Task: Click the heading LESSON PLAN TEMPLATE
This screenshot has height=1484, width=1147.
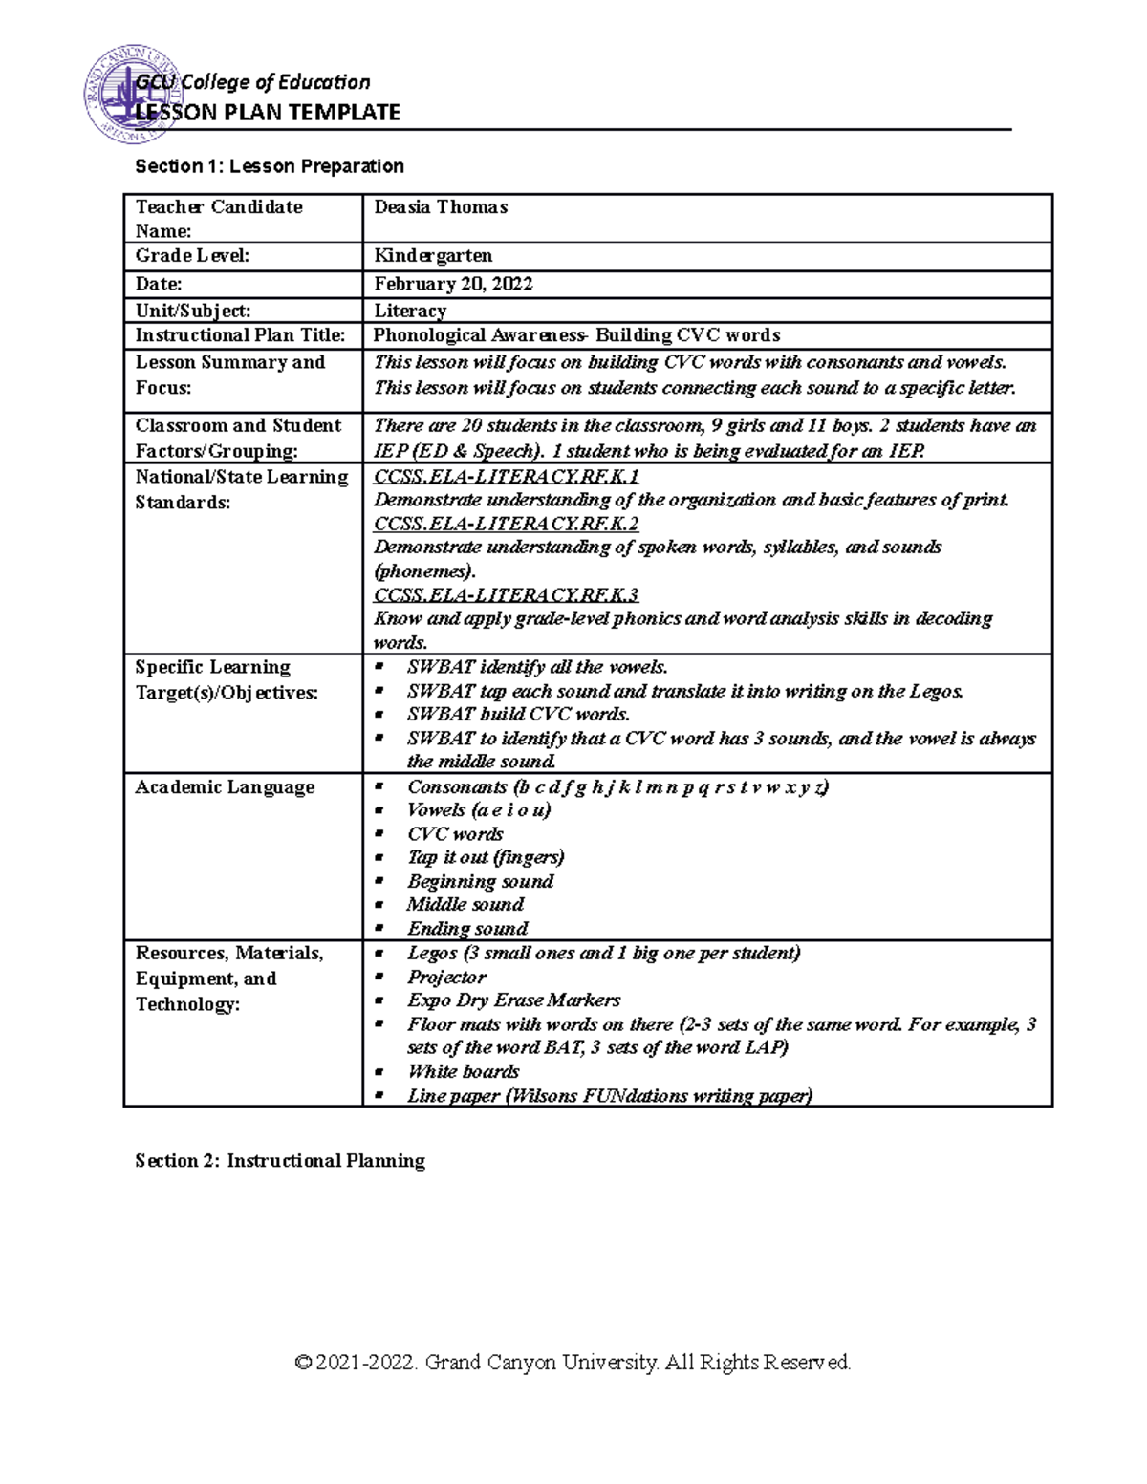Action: tap(268, 113)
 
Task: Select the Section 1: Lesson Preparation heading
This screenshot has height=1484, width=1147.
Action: tap(270, 166)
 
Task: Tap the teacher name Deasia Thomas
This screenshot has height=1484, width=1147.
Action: tap(441, 207)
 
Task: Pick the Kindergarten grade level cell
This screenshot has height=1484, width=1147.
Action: tap(433, 256)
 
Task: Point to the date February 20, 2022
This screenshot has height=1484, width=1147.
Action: tap(453, 284)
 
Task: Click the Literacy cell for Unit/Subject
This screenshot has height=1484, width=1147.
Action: tap(410, 311)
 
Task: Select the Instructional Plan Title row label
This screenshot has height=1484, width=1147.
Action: tap(240, 335)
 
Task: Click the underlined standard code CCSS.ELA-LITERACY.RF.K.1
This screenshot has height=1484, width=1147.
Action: tap(507, 476)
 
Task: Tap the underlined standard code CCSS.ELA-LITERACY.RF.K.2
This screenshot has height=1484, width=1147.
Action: tap(507, 524)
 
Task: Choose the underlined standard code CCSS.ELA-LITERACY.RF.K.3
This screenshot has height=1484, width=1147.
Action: tap(507, 595)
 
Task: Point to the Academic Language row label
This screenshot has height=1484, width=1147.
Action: tap(225, 787)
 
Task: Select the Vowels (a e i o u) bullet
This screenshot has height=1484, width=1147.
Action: tap(479, 810)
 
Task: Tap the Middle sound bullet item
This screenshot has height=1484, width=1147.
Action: tap(465, 905)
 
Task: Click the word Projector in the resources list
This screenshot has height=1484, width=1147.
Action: tap(446, 978)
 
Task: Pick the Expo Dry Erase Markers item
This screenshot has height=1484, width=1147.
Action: tap(513, 1000)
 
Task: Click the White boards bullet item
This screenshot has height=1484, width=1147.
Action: tap(463, 1072)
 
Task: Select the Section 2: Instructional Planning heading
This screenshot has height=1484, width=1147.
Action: tap(280, 1161)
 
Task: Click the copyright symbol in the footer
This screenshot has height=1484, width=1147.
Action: tap(304, 1363)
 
